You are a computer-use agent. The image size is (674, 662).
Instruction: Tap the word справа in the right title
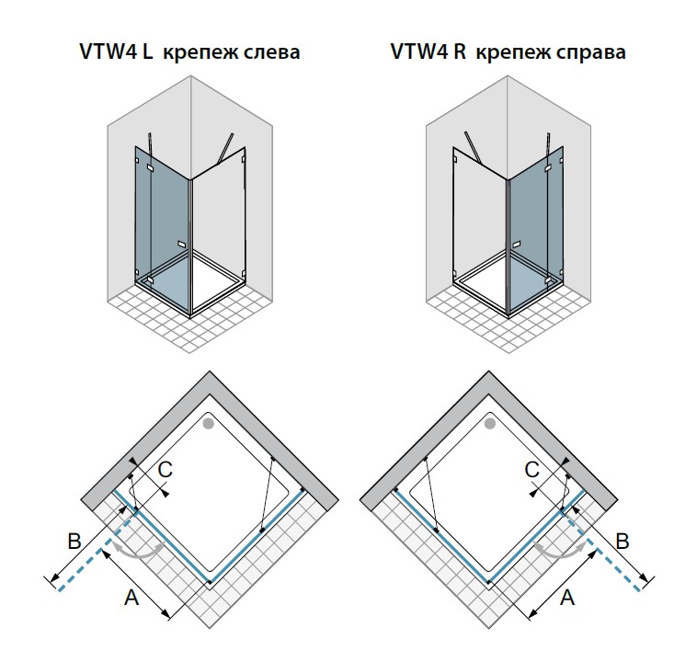(x=592, y=53)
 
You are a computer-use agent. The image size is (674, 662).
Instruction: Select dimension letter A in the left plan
(x=131, y=599)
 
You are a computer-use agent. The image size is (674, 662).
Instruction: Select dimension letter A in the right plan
(x=567, y=599)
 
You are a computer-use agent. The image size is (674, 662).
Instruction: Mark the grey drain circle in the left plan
(x=209, y=424)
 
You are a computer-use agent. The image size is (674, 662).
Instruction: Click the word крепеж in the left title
(x=196, y=53)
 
